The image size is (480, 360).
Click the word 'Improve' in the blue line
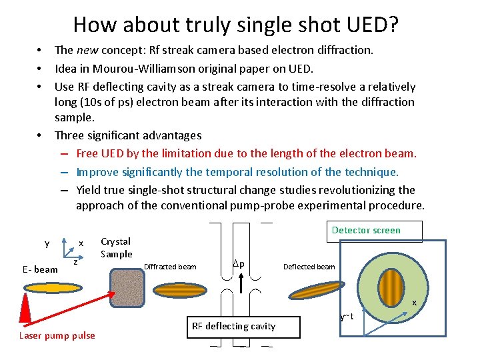97,172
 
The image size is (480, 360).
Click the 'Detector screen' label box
366,231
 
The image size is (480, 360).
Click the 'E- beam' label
40,269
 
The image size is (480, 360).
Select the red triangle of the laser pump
27,310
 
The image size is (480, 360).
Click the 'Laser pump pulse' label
57,335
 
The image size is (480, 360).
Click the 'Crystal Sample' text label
116,247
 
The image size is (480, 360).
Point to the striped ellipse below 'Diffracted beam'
181,290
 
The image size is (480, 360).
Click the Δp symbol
238,263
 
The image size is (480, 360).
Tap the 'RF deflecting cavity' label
233,326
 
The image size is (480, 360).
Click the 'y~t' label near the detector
346,316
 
